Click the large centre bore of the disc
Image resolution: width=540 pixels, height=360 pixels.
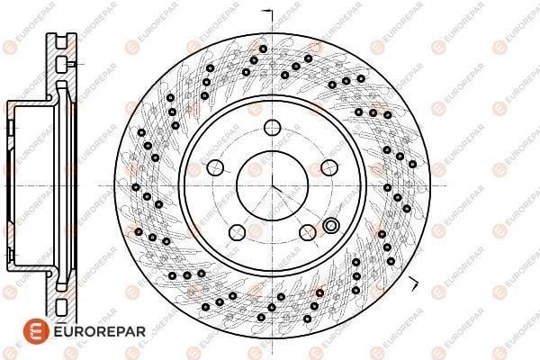(272, 185)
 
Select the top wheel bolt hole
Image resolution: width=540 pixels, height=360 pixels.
(273, 128)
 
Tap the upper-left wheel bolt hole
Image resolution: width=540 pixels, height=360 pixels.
(215, 167)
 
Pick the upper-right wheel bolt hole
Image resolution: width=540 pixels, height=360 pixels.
(329, 167)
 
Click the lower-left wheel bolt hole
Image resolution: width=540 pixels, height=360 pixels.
(237, 232)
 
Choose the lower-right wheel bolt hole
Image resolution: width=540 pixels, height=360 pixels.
(308, 233)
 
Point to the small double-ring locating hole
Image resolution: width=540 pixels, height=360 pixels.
(331, 226)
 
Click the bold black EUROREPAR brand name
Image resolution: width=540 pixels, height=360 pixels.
(100, 332)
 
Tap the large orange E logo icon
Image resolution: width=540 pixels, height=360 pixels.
(36, 331)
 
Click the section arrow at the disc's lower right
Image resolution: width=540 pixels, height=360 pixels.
(413, 283)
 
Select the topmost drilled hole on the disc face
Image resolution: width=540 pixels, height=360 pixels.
(263, 49)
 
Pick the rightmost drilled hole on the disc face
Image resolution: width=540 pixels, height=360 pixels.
(412, 164)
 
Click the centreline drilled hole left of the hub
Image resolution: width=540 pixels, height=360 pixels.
(136, 187)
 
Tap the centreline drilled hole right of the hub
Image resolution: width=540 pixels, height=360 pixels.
(387, 188)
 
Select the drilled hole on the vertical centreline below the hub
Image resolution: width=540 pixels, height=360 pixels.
(272, 308)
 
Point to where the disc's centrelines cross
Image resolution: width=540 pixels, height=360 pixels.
(272, 185)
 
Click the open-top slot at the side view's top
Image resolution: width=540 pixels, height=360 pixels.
(61, 40)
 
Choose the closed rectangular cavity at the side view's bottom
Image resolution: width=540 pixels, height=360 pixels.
(61, 307)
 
